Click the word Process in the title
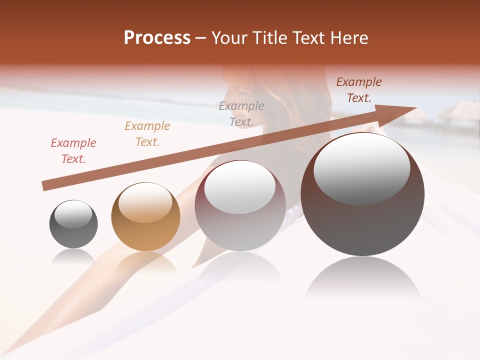[157, 38]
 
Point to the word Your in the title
[230, 38]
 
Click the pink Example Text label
[73, 150]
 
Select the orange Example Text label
[147, 133]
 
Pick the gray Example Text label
[241, 113]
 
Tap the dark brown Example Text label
[359, 90]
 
